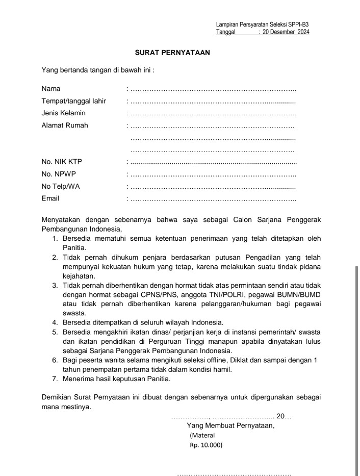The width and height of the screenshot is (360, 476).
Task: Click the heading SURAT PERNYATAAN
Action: click(x=172, y=52)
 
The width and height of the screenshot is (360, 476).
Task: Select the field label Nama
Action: click(x=51, y=89)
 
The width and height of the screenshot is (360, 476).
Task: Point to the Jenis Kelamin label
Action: click(x=64, y=113)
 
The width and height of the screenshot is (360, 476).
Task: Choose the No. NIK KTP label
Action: click(x=62, y=162)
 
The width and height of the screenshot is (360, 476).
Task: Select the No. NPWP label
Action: click(x=59, y=174)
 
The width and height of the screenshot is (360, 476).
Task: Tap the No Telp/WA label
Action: click(x=61, y=186)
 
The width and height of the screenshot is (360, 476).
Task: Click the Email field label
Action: click(x=50, y=198)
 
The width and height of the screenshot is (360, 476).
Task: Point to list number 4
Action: click(x=55, y=322)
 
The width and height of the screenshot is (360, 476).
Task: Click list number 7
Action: click(x=55, y=379)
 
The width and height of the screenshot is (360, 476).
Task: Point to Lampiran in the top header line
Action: click(x=227, y=24)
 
